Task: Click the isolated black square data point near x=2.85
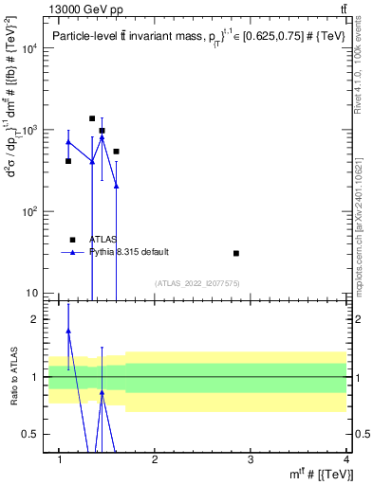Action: click(236, 253)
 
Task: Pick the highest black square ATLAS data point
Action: click(92, 118)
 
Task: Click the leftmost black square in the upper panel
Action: click(68, 161)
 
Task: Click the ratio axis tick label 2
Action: click(35, 319)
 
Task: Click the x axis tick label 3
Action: click(250, 459)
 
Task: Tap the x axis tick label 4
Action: click(345, 459)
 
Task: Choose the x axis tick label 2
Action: click(155, 459)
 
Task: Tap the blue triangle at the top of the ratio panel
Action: click(68, 331)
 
